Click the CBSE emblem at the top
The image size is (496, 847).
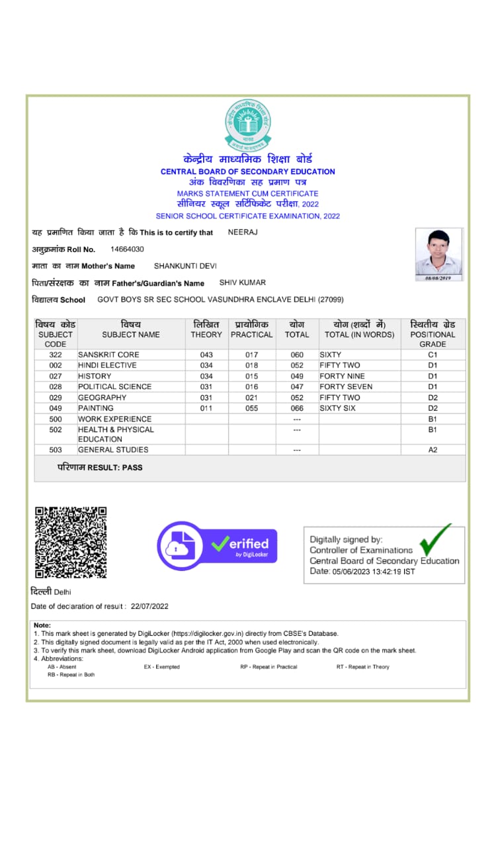pos(248,124)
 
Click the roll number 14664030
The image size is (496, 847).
pos(127,249)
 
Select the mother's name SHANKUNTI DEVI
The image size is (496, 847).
pos(185,266)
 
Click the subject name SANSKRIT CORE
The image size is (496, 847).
pos(108,355)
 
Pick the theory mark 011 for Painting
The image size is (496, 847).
pos(206,408)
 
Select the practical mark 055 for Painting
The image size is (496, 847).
pos(251,408)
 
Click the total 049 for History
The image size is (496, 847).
pos(297,376)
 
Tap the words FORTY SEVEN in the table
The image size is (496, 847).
pos(346,386)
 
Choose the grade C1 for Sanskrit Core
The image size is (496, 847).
pos(433,355)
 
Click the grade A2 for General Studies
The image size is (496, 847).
pos(433,450)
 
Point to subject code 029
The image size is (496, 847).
pos(56,398)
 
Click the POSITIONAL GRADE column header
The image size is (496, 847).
pos(433,334)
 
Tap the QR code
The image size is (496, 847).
pos(71,542)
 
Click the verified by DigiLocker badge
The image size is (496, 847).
pos(217,545)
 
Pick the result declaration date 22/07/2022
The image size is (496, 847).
pos(150,606)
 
